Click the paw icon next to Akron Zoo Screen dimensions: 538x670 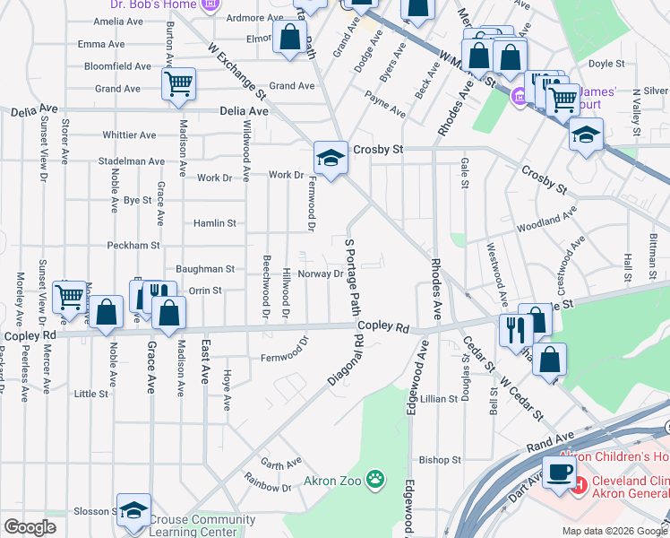pos(375,482)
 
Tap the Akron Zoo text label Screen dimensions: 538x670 pos(332,482)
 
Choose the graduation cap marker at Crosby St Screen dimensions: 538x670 pos(330,159)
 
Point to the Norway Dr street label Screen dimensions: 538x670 pos(320,273)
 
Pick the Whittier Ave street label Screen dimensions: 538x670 pos(130,135)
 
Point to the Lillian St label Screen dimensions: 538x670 pos(439,398)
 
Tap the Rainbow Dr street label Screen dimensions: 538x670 pos(274,488)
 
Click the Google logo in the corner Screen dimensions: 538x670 pos(30,527)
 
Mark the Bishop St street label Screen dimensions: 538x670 pos(440,460)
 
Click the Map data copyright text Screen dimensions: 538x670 pos(614,531)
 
